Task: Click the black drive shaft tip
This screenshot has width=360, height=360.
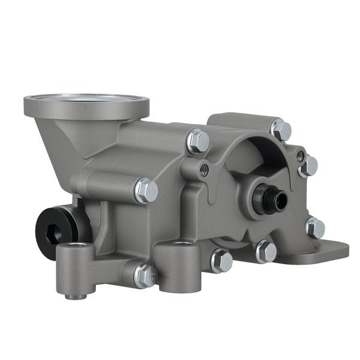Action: [x=267, y=198]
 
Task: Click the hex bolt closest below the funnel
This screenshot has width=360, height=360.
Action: [x=146, y=190]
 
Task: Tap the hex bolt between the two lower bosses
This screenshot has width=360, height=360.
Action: [x=145, y=275]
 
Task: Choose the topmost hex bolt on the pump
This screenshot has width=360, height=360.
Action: [x=280, y=130]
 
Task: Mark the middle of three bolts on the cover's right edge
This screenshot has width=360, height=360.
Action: [x=308, y=166]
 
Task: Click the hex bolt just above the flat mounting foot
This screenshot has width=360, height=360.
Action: [x=314, y=227]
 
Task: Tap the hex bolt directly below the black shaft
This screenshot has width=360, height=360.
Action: [x=266, y=251]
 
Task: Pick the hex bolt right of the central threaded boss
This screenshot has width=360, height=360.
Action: [x=221, y=260]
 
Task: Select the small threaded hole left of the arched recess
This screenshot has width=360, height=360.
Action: [x=205, y=169]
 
